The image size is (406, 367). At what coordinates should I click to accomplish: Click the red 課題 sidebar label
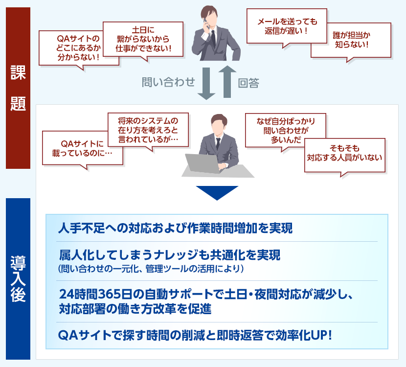pyautogui.click(x=18, y=88)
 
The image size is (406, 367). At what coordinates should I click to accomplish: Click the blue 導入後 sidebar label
pyautogui.click(x=18, y=279)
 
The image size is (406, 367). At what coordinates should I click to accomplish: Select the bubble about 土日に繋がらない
pyautogui.click(x=143, y=39)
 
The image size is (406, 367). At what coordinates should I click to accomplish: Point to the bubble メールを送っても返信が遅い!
pyautogui.click(x=287, y=26)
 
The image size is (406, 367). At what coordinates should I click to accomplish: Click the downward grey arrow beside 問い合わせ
pyautogui.click(x=206, y=83)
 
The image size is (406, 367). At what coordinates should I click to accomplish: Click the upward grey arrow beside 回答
pyautogui.click(x=227, y=82)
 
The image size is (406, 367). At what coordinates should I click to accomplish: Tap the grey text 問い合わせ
pyautogui.click(x=168, y=82)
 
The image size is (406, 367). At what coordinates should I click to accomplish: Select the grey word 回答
pyautogui.click(x=248, y=83)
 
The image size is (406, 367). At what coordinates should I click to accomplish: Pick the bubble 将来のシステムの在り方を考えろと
pyautogui.click(x=148, y=130)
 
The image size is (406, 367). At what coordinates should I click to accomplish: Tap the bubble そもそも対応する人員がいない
pyautogui.click(x=345, y=156)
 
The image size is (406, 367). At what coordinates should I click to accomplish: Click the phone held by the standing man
pyautogui.click(x=206, y=23)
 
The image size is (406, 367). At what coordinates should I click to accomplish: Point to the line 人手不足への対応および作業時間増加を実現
pyautogui.click(x=176, y=228)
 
